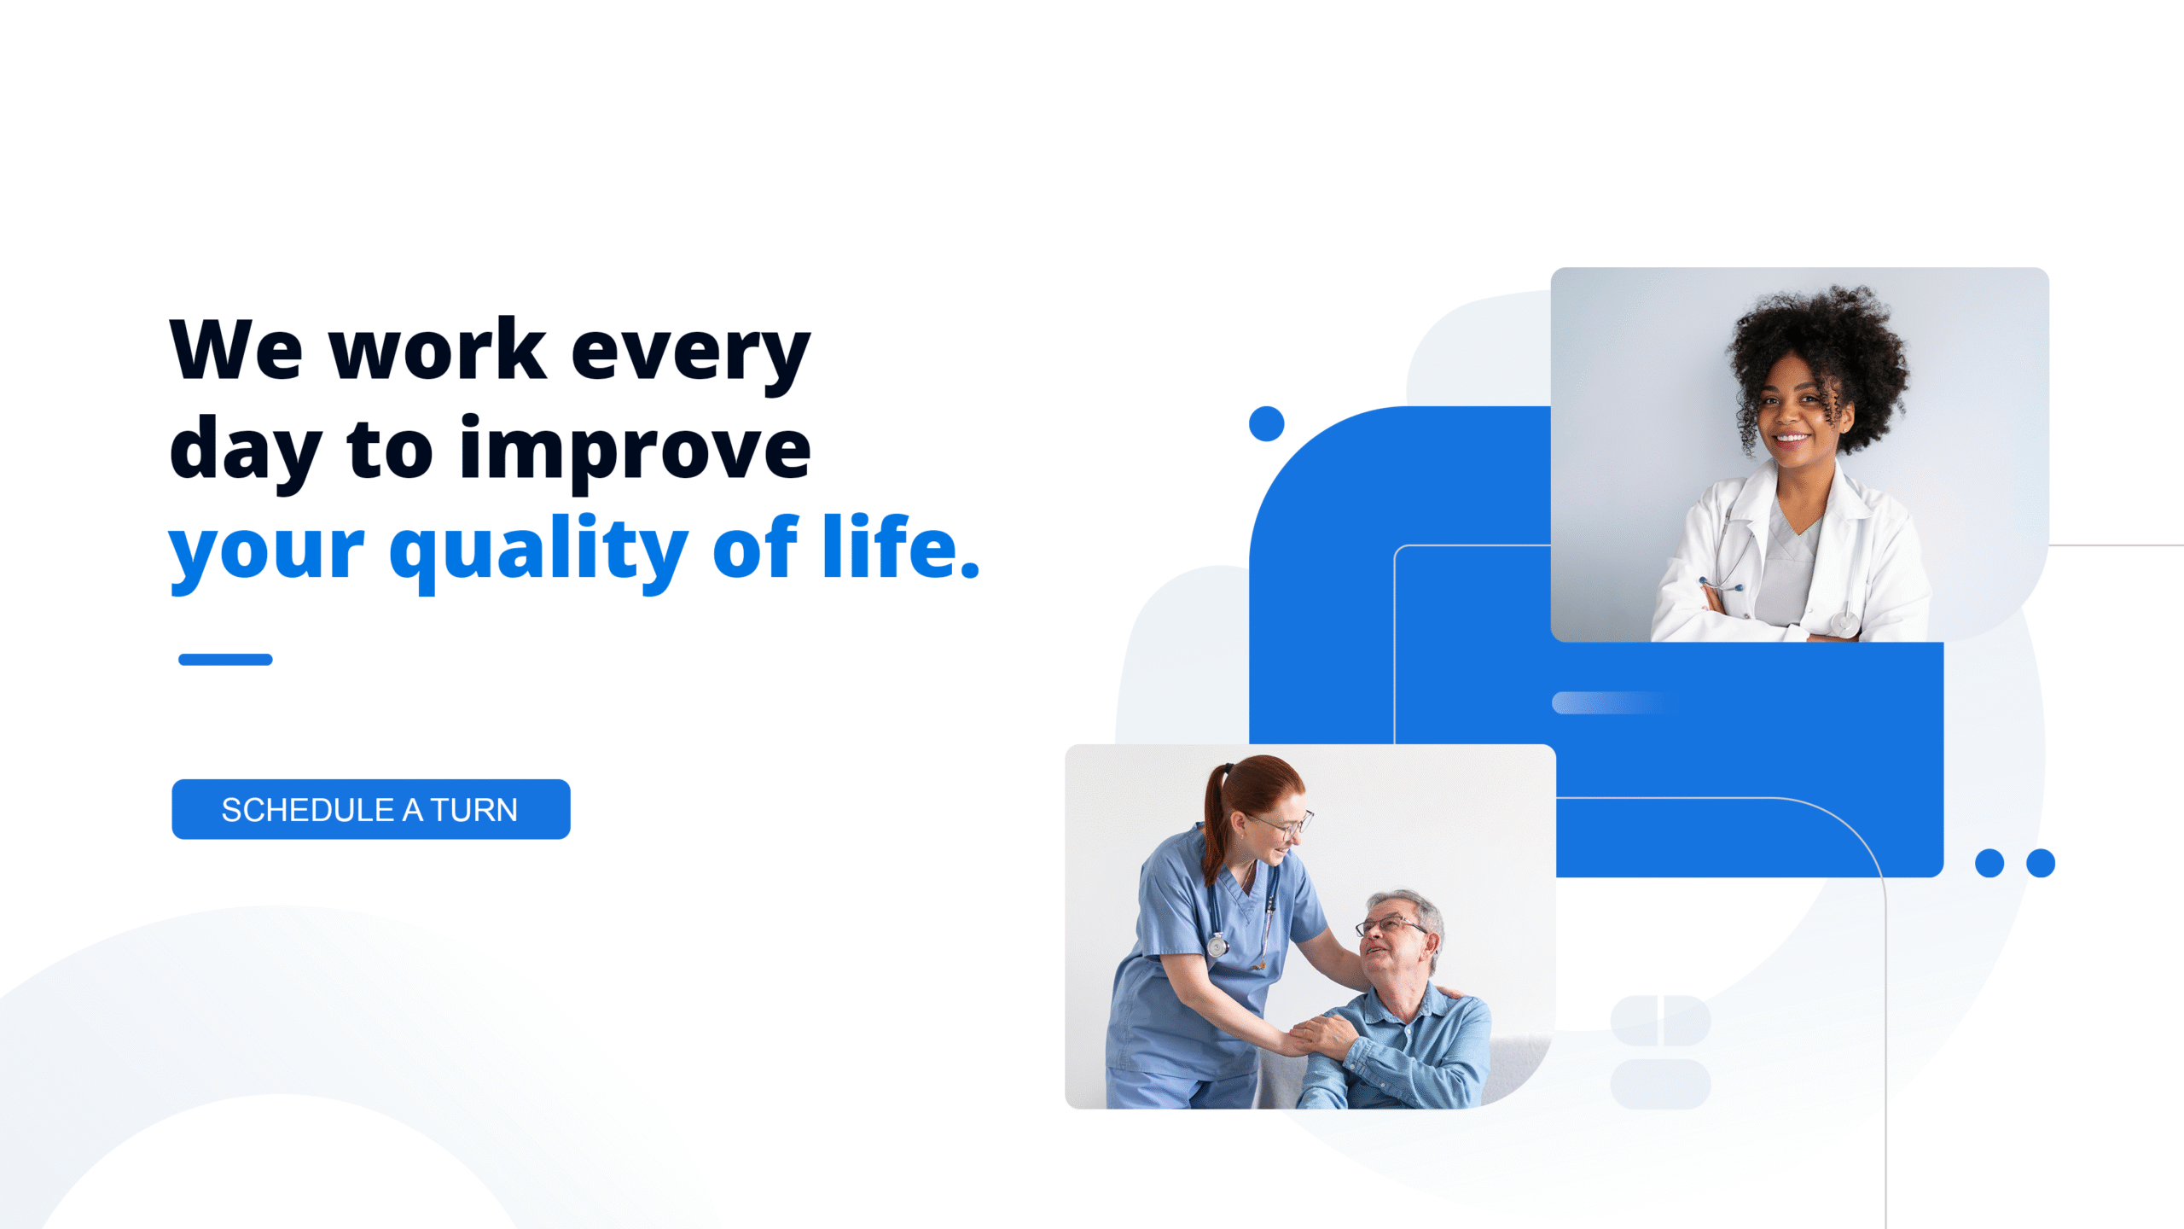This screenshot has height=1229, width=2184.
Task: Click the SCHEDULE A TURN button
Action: (371, 809)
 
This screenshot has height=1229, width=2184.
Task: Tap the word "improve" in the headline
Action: (636, 451)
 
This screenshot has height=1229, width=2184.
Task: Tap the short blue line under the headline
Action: (225, 659)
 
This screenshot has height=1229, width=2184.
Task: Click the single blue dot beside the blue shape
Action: (1266, 423)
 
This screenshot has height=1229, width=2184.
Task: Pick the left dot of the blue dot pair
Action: (1989, 863)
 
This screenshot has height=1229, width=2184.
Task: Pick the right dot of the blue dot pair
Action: (2041, 863)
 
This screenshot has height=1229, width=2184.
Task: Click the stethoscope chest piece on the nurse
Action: (1217, 945)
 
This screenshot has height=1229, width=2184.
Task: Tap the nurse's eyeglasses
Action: (1284, 824)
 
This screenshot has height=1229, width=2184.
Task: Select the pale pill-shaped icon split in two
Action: (1660, 1020)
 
